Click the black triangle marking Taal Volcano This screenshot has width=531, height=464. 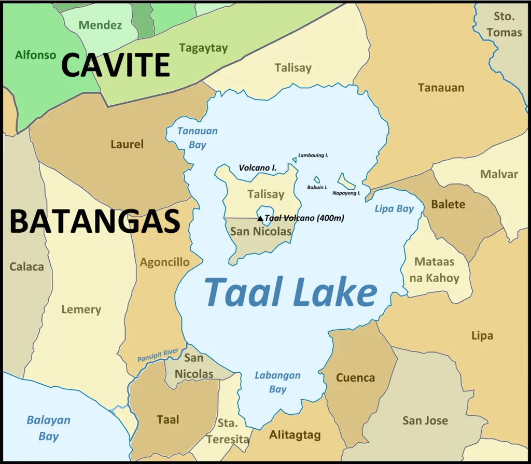[260, 219]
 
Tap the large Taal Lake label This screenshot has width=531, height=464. [290, 292]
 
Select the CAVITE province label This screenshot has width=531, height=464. [115, 66]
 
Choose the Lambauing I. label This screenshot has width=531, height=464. [313, 155]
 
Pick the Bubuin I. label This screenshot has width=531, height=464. [317, 187]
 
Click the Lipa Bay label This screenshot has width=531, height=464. [394, 209]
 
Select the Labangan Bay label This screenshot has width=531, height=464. [277, 382]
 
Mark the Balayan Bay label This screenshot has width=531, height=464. [48, 428]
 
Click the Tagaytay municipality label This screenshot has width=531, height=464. [203, 48]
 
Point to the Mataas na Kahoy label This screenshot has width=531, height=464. [434, 270]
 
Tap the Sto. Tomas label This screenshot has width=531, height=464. [504, 24]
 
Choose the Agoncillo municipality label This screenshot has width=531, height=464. [164, 262]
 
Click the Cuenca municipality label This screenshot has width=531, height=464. [355, 378]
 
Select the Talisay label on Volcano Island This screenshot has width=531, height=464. [265, 194]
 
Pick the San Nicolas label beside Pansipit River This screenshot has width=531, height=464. [193, 365]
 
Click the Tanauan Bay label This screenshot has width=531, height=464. [198, 138]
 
